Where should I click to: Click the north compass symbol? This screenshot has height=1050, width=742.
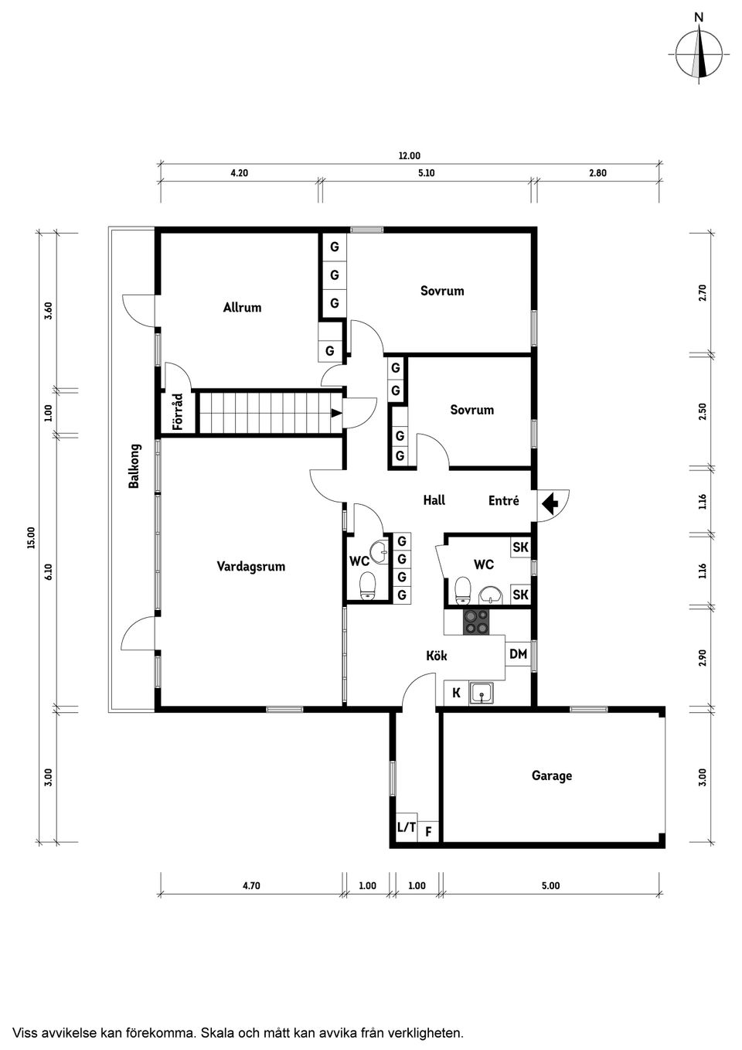(x=699, y=53)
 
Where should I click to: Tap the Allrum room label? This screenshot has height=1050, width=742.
(x=242, y=307)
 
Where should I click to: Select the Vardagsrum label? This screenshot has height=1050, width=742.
(x=250, y=566)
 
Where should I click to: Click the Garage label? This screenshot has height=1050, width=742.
(x=551, y=775)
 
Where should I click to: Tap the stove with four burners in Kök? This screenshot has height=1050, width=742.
(x=475, y=622)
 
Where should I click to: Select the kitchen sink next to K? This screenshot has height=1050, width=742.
(x=483, y=694)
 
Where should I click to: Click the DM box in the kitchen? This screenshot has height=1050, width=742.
(x=518, y=654)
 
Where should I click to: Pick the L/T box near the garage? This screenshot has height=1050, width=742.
(x=406, y=827)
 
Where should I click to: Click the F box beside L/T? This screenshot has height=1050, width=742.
(x=428, y=833)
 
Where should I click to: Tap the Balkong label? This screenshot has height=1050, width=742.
(x=134, y=465)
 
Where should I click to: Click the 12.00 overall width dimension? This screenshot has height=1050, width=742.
(x=409, y=155)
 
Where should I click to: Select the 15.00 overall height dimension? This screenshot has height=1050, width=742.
(x=32, y=537)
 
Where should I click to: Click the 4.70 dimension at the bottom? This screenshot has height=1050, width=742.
(x=250, y=885)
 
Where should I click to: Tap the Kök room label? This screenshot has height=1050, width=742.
(x=437, y=656)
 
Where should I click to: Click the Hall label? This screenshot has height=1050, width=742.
(x=434, y=500)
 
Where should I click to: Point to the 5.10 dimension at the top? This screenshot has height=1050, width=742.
(x=426, y=173)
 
